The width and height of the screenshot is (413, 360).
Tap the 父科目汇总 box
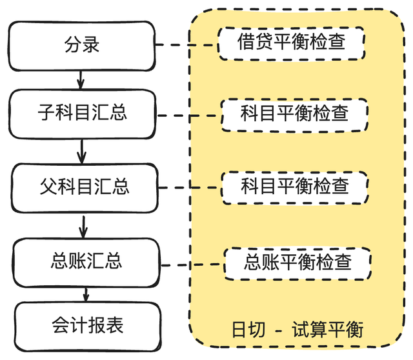84,186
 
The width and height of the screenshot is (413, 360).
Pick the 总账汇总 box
86,261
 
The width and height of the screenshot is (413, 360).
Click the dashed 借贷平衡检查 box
291,42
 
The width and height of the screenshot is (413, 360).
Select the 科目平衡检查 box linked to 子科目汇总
294,114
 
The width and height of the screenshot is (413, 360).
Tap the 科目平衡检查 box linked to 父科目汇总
295,186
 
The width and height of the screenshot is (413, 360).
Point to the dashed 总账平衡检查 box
297,262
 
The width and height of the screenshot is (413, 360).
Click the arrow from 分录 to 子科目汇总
81,79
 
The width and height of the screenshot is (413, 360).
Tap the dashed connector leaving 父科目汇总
190,188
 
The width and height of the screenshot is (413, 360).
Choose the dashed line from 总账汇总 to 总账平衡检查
192,264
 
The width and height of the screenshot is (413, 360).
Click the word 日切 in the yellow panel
247,330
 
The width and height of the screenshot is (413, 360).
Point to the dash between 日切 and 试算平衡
279,331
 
